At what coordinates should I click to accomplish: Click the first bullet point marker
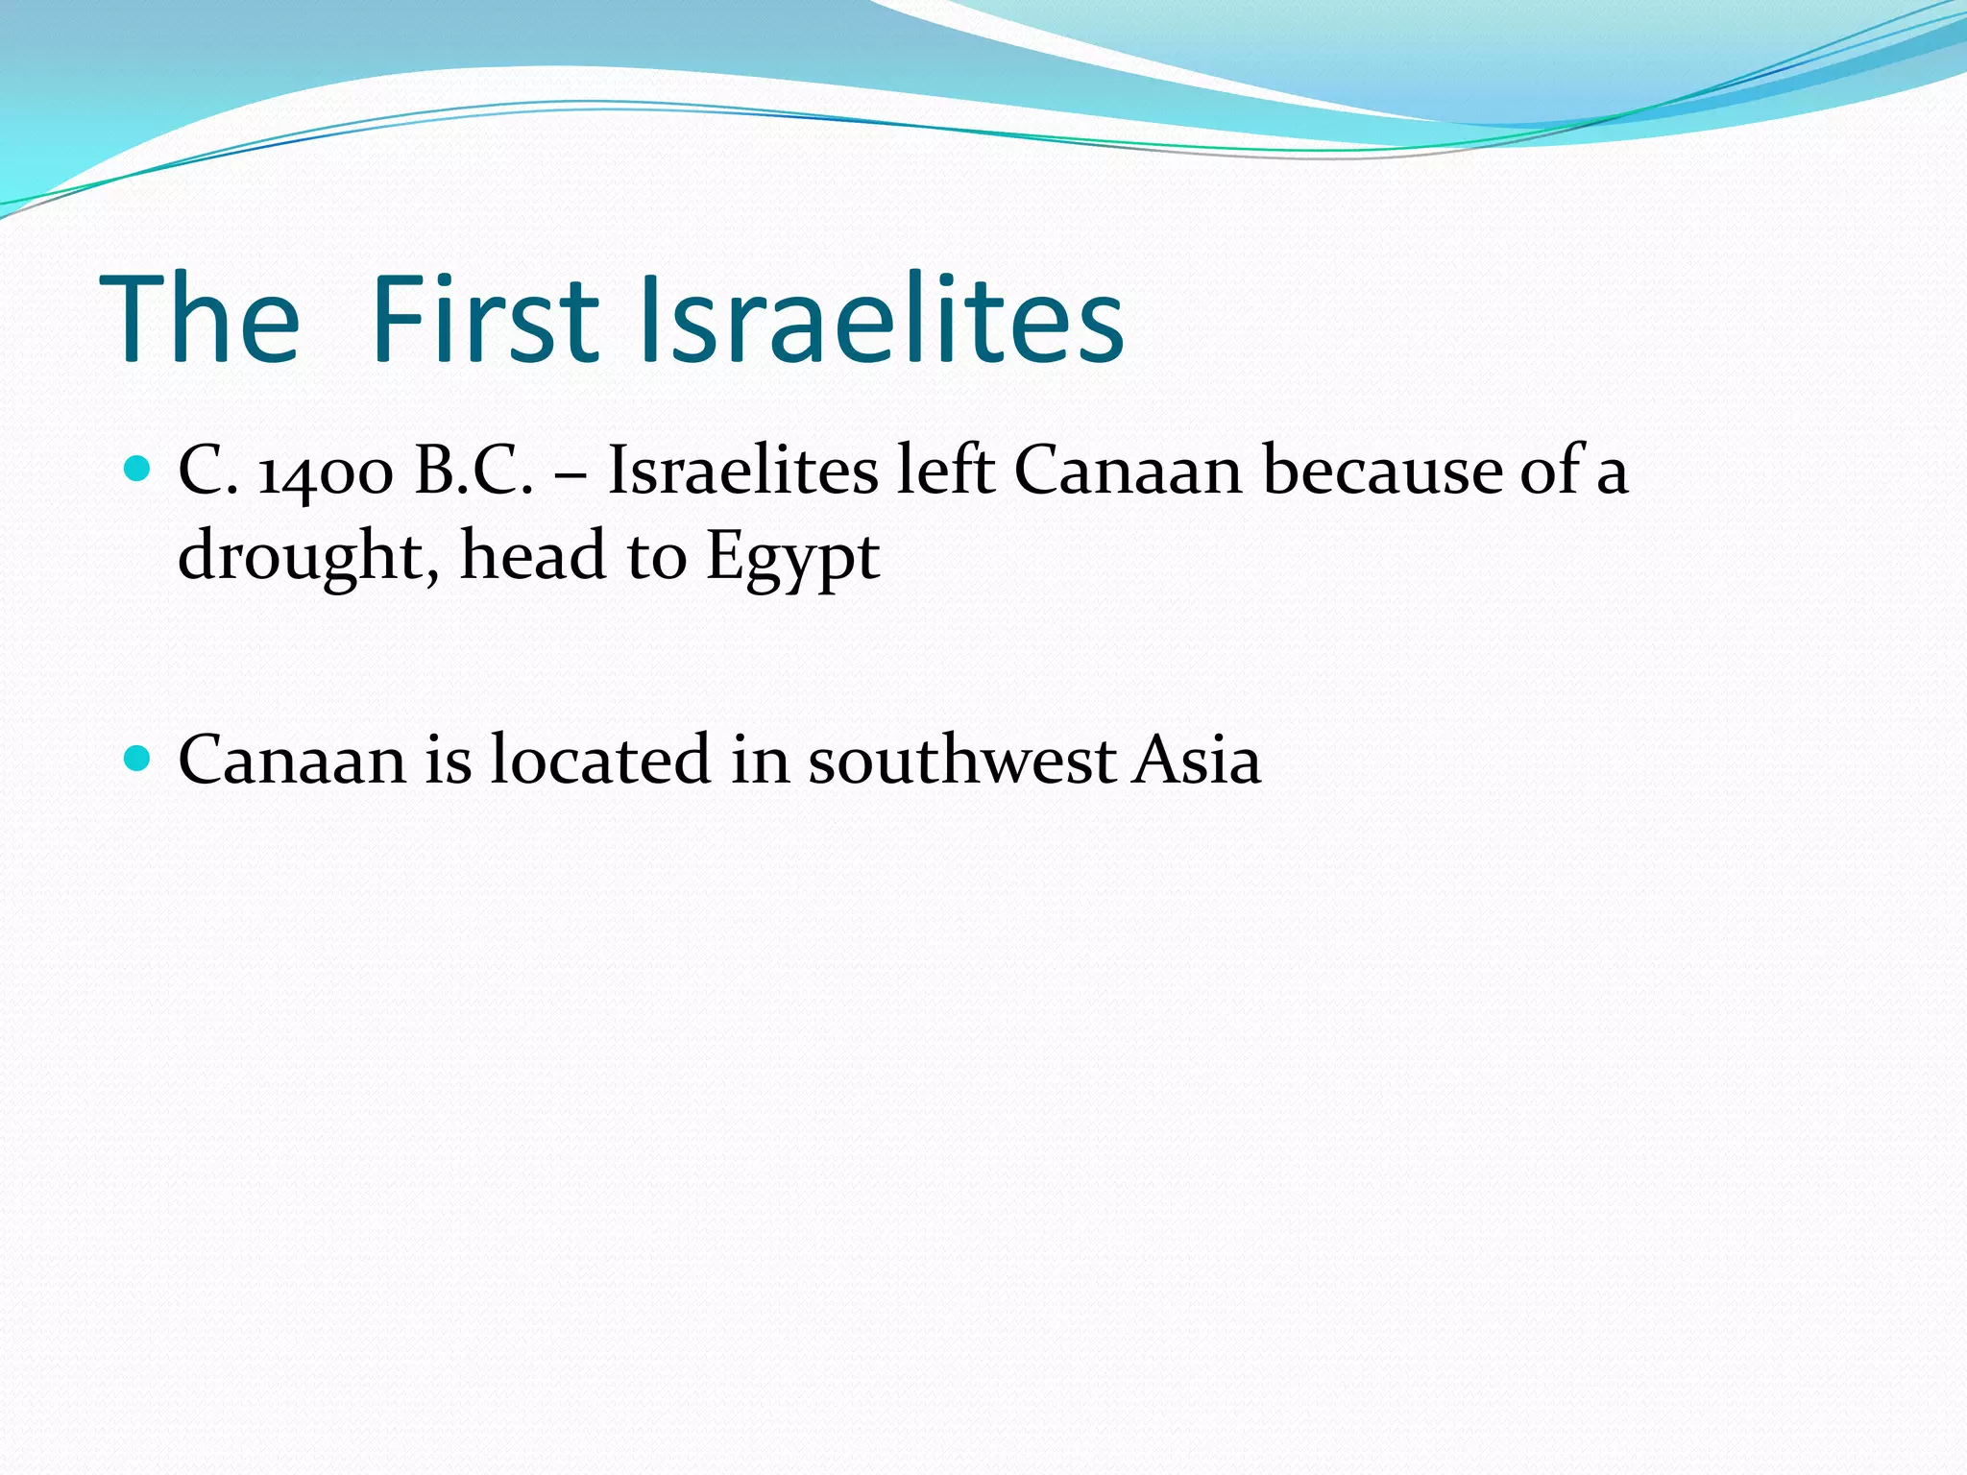139,470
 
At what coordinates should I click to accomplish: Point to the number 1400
326,472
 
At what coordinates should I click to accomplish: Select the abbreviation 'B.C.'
474,471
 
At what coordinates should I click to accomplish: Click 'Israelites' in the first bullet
742,471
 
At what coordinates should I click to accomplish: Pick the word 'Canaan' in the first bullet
1128,471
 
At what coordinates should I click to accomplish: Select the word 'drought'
307,557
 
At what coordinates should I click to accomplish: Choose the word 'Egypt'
792,557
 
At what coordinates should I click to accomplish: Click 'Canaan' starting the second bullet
292,760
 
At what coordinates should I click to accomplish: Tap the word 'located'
600,760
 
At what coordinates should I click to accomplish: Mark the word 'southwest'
961,760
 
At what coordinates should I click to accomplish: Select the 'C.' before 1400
207,471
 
